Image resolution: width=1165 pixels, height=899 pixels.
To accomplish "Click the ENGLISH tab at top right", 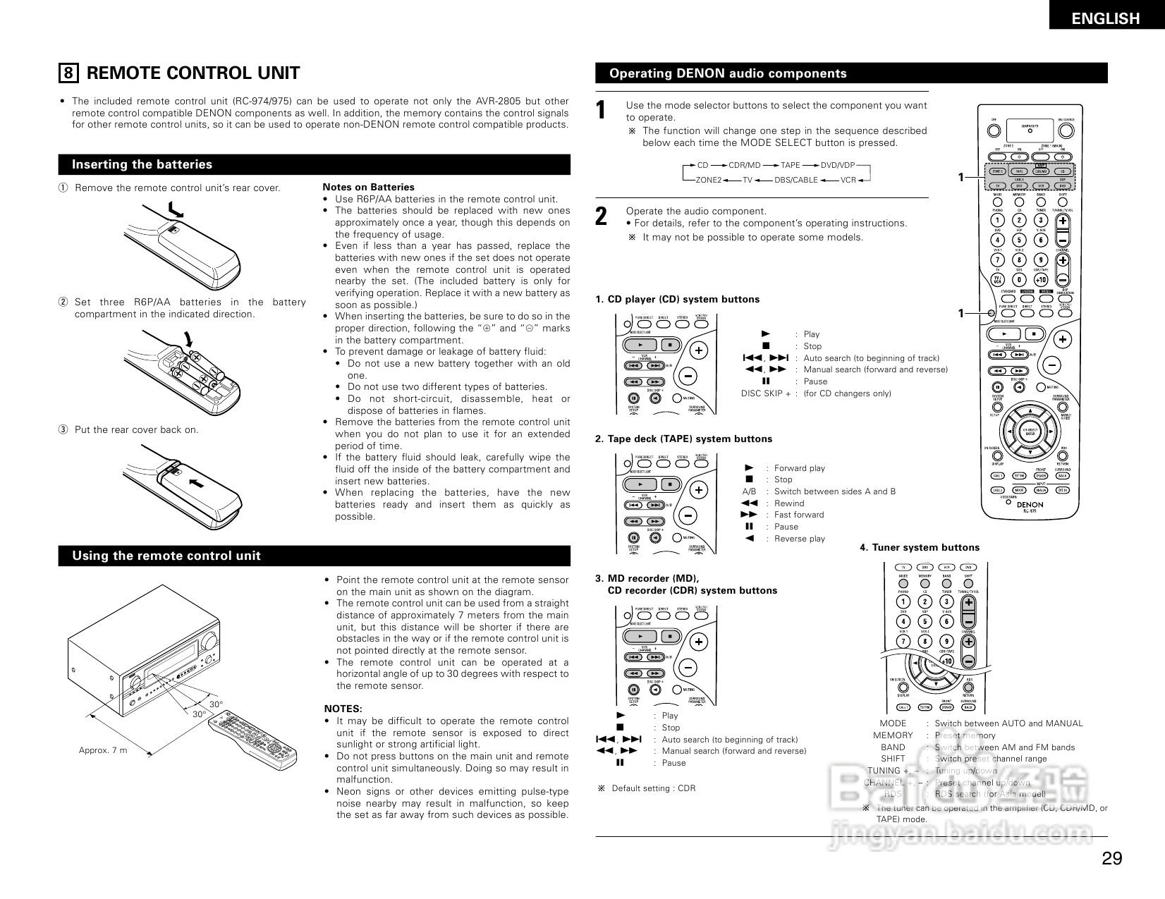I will point(1105,18).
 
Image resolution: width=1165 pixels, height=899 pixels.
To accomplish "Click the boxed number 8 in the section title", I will point(68,73).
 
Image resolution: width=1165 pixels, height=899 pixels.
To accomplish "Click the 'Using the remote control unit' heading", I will point(166,556).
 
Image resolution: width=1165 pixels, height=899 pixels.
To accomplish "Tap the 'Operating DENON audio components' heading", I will point(728,73).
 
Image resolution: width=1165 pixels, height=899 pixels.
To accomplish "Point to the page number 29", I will point(1111,858).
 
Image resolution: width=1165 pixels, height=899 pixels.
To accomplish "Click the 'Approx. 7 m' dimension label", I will point(103,750).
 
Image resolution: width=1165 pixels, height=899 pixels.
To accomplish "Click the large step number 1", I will point(601,111).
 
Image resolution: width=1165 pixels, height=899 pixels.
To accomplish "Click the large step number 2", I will point(601,216).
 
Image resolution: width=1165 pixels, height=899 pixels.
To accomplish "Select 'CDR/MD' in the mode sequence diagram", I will point(744,165).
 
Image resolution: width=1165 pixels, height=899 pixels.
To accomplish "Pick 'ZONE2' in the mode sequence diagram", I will point(708,180).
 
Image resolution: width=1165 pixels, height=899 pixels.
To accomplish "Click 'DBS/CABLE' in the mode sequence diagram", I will point(795,180).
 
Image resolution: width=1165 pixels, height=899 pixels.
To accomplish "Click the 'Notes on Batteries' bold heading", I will point(368,187).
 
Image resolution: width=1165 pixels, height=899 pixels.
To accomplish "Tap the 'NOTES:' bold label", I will point(343,709).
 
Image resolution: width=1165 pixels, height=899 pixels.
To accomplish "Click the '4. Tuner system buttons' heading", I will point(920,547).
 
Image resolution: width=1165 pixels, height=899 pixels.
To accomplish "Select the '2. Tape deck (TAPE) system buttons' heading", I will point(683,439).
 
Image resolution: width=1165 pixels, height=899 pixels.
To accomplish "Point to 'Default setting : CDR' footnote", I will point(653,788).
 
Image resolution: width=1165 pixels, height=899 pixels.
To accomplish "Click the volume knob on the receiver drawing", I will point(209,641).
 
